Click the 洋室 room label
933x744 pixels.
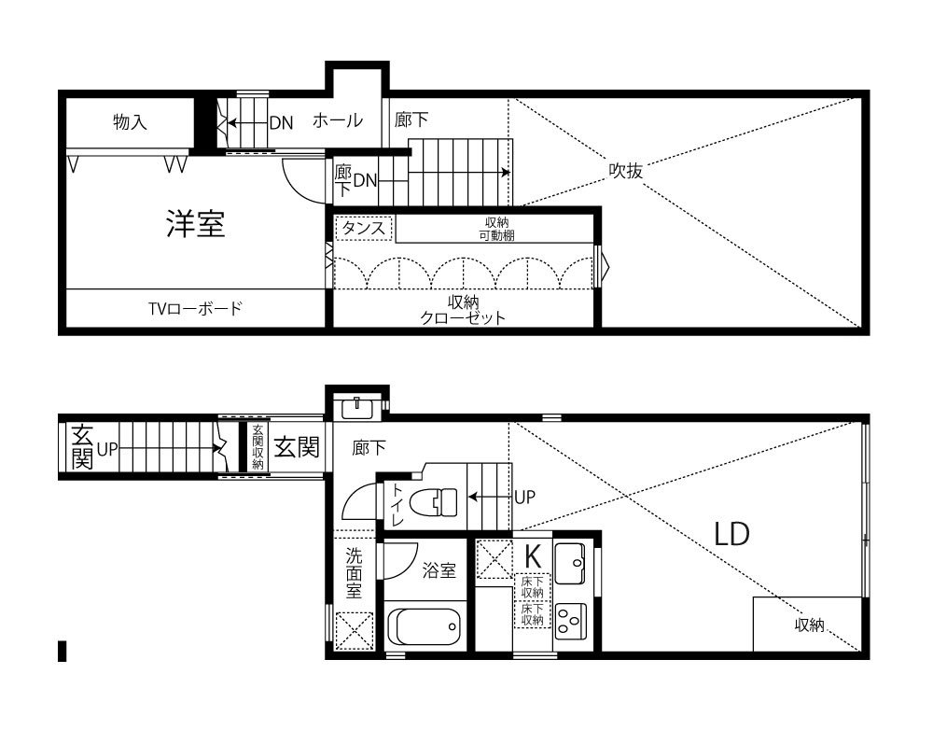(x=195, y=224)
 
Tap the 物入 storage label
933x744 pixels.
(x=130, y=122)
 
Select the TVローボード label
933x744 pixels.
(x=195, y=308)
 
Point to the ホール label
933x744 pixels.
(x=338, y=120)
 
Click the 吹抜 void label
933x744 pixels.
(x=625, y=171)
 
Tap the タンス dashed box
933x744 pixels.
(x=364, y=228)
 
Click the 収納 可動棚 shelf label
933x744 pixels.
(x=497, y=229)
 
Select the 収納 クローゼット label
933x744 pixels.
(x=463, y=310)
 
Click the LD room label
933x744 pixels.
(x=731, y=534)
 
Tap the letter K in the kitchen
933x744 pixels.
(x=532, y=556)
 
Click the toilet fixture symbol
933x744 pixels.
(x=436, y=501)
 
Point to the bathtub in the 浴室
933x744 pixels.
(x=425, y=626)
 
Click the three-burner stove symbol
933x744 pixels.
(x=570, y=622)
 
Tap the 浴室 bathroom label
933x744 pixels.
(x=439, y=570)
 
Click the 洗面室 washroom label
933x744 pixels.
(x=354, y=572)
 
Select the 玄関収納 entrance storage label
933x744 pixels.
(x=258, y=446)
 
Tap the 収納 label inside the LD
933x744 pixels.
(x=810, y=625)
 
